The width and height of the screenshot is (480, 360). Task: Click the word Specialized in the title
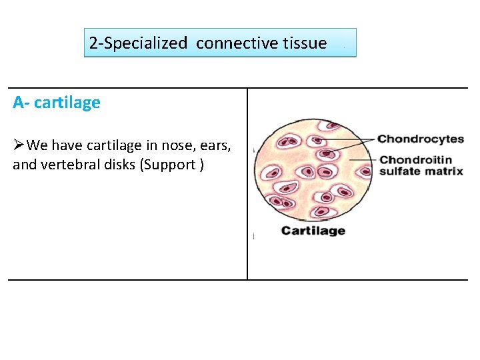(x=146, y=43)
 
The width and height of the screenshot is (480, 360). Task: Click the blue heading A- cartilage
(x=57, y=103)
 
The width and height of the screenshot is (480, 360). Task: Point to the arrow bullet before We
(x=19, y=145)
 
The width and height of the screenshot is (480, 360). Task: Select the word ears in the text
(x=214, y=145)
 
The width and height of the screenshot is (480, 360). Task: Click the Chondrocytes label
(x=420, y=139)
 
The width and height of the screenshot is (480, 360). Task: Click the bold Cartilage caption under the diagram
(x=313, y=231)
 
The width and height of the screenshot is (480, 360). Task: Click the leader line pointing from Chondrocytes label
(x=353, y=143)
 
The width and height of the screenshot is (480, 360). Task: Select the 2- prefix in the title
(x=96, y=43)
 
